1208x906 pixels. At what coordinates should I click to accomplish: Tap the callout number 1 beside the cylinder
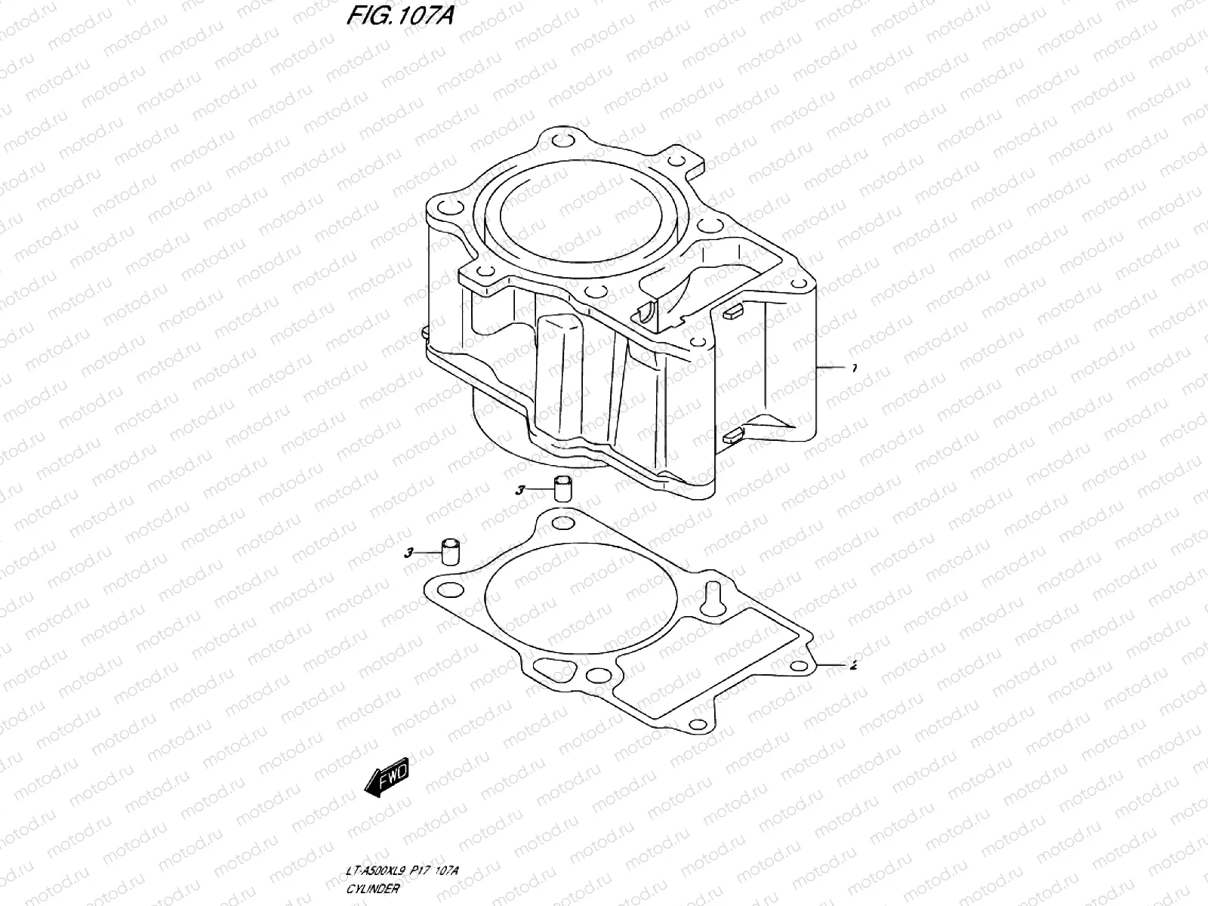click(x=853, y=368)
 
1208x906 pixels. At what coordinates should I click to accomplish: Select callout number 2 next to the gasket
click(x=853, y=666)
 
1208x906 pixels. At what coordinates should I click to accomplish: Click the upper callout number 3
click(x=519, y=491)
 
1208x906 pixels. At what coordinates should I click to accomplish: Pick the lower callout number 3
click(x=408, y=553)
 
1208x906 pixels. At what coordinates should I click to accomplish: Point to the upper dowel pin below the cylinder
click(x=562, y=488)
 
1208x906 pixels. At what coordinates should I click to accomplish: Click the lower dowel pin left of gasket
click(x=451, y=550)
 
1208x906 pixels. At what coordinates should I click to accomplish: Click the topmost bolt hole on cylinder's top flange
click(x=559, y=143)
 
